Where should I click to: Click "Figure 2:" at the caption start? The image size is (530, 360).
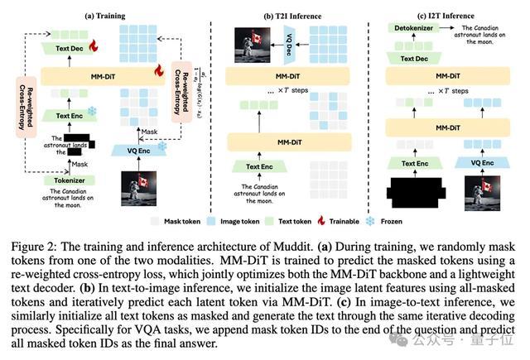point(34,247)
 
